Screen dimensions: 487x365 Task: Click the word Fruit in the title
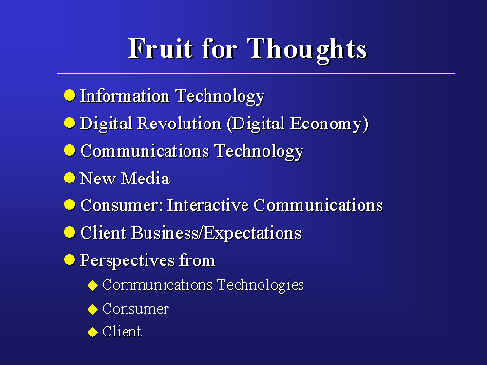tap(160, 48)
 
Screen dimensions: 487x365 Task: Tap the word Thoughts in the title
tap(307, 50)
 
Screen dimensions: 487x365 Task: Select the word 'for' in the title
tap(220, 48)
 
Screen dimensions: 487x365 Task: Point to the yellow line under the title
tap(256, 73)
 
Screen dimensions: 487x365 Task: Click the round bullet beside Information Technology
tap(69, 95)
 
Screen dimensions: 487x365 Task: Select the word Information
tap(125, 96)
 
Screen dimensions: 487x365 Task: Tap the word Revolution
tap(179, 124)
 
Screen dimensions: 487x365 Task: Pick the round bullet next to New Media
tap(69, 178)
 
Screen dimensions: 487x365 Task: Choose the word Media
tap(146, 179)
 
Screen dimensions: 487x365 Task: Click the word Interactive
tap(207, 205)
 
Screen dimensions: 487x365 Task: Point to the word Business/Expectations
tap(216, 234)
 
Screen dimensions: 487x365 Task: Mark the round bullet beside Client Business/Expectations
tap(69, 233)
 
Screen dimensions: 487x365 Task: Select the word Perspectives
tap(127, 261)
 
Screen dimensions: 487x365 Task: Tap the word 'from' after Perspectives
tap(197, 260)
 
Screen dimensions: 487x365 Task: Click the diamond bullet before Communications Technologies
tap(92, 285)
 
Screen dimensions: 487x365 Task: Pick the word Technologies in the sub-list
tap(261, 285)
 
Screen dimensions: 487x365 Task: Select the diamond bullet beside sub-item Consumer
tap(92, 309)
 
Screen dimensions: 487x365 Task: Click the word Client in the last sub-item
tap(122, 332)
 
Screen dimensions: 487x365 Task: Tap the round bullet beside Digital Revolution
tap(69, 123)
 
